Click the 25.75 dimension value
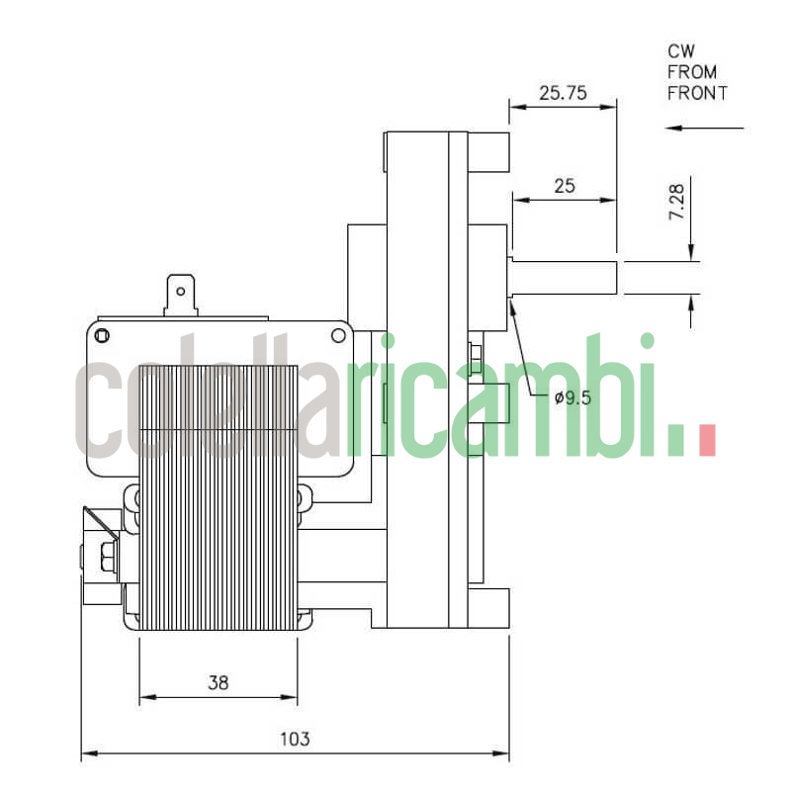pyautogui.click(x=563, y=94)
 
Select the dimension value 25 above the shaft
pyautogui.click(x=565, y=185)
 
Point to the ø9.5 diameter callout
pyautogui.click(x=572, y=398)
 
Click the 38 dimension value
pyautogui.click(x=219, y=682)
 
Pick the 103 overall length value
pyautogui.click(x=295, y=739)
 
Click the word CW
pyautogui.click(x=681, y=50)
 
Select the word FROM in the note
pyautogui.click(x=692, y=72)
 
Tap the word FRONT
pyautogui.click(x=697, y=94)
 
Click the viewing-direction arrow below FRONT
pyautogui.click(x=704, y=128)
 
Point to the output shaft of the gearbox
pyautogui.click(x=564, y=277)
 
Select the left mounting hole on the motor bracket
pyautogui.click(x=101, y=335)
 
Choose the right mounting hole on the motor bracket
pyautogui.click(x=338, y=335)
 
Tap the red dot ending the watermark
pyautogui.click(x=706, y=440)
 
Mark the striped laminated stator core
pyautogui.click(x=219, y=494)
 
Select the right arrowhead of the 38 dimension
pyautogui.click(x=290, y=698)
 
